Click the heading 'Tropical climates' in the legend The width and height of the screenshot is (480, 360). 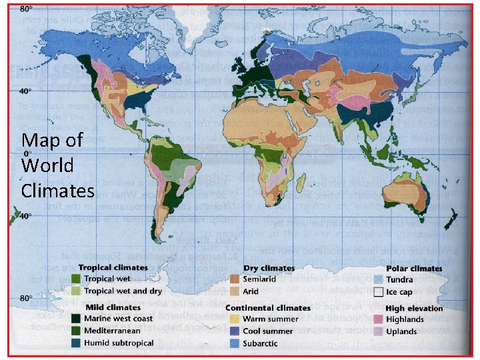(x=117, y=268)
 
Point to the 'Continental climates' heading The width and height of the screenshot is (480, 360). (x=269, y=307)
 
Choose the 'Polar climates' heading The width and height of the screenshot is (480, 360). (x=413, y=268)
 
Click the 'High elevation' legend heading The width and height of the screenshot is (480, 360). (x=413, y=307)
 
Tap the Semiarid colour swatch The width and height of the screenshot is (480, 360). (x=235, y=279)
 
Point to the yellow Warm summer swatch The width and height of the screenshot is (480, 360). (x=235, y=319)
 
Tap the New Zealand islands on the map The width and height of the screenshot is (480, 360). (x=454, y=220)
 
